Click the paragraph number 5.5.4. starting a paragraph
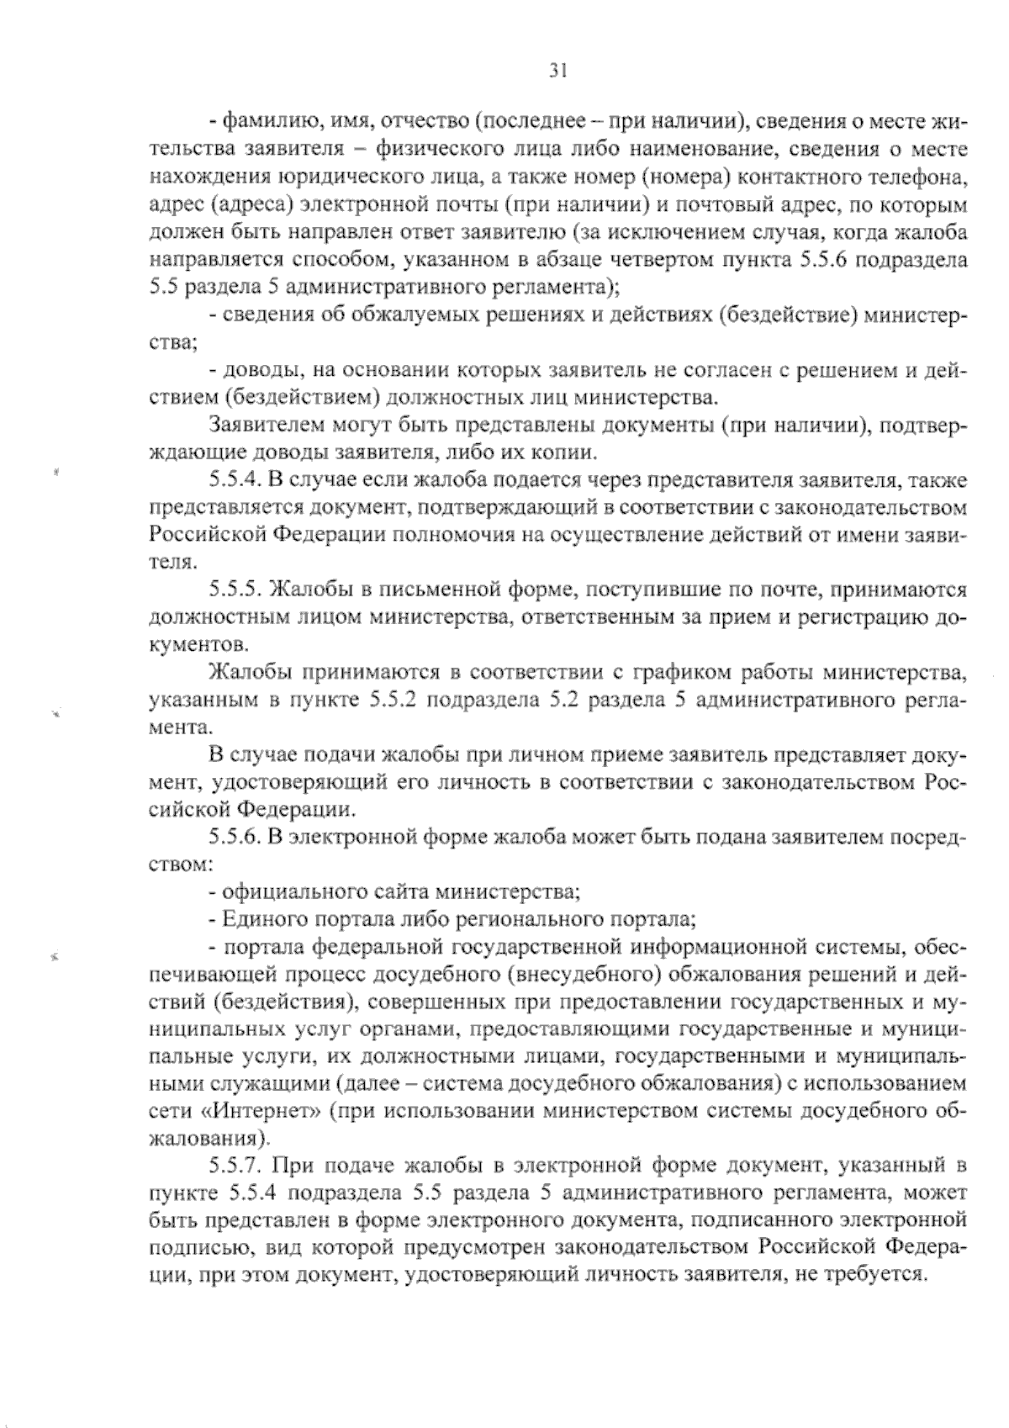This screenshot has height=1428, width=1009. [x=235, y=480]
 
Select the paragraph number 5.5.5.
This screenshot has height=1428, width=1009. [x=235, y=590]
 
